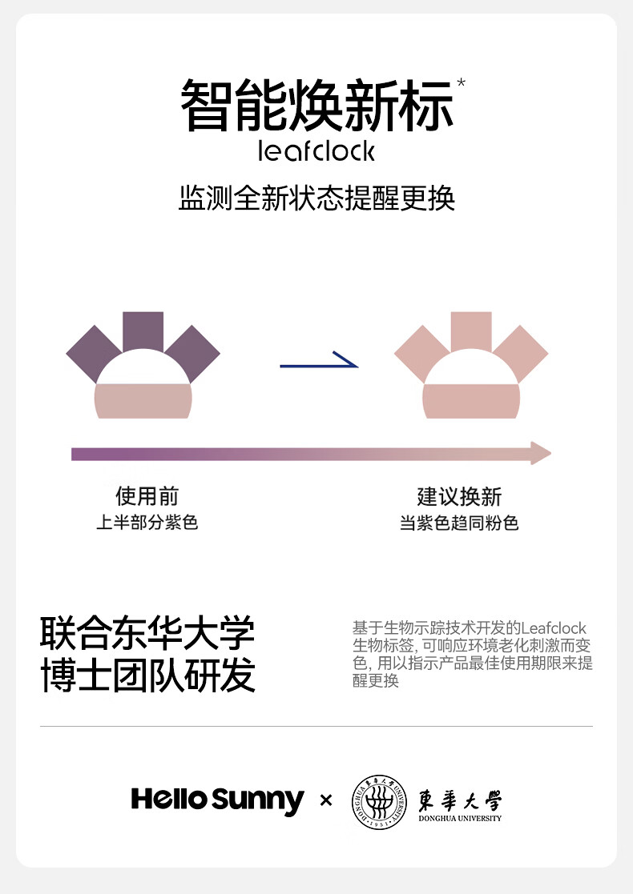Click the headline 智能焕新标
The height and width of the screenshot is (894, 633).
pos(316,106)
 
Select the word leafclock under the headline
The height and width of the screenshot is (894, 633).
pos(316,150)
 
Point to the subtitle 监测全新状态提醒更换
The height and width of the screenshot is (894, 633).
pos(316,198)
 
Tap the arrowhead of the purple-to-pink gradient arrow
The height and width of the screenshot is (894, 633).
pos(541,453)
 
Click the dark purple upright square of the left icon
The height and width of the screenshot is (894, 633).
pos(143,331)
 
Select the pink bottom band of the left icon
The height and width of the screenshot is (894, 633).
pos(143,401)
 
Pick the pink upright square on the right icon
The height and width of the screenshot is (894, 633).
pos(471,331)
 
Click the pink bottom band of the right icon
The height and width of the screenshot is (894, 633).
pos(471,401)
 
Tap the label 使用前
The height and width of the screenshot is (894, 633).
pos(147,496)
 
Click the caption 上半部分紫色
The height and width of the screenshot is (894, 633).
pos(147,523)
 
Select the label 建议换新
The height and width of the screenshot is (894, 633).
pos(459,496)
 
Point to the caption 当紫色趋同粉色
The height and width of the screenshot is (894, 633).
pos(459,523)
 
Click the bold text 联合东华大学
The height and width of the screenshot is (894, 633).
pos(147,634)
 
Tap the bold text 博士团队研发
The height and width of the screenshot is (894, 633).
pos(147,675)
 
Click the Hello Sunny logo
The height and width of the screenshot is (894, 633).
pos(217,800)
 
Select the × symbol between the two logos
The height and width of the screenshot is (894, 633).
pos(326,800)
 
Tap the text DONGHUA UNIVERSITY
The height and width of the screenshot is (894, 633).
pos(460,818)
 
